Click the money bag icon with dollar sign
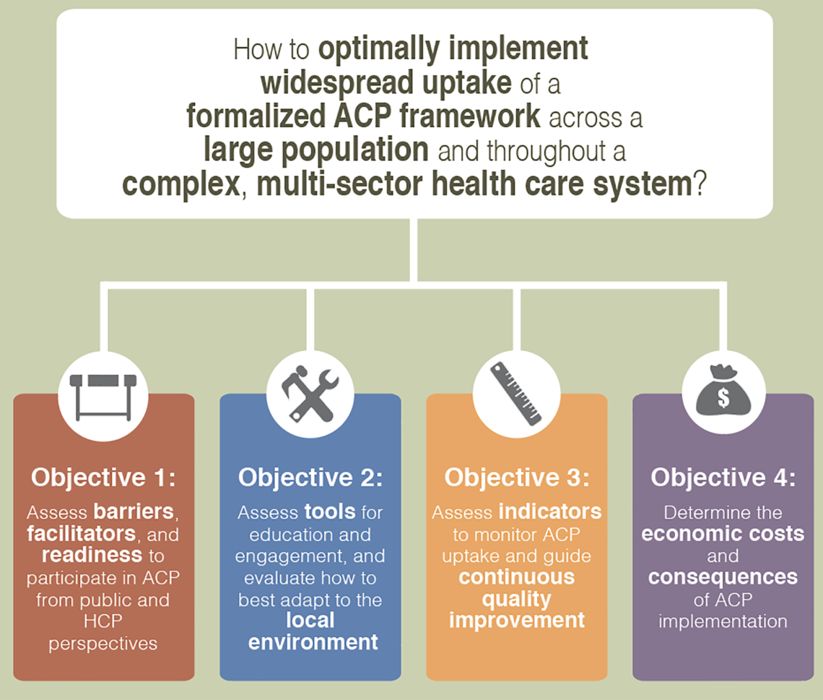pos(723,394)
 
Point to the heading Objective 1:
pos(103,478)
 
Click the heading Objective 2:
pos(310,478)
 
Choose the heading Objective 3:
pos(516,478)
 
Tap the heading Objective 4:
pos(723,478)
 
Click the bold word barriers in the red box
pos(134,512)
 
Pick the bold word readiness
pos(92,556)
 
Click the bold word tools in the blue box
pos(329,512)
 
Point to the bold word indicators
pos(549,512)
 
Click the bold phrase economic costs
pos(723,534)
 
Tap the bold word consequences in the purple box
pos(723,577)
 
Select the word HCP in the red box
pos(103,621)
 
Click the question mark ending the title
pos(699,185)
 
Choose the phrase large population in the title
pos(315,152)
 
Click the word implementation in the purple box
pos(723,621)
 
